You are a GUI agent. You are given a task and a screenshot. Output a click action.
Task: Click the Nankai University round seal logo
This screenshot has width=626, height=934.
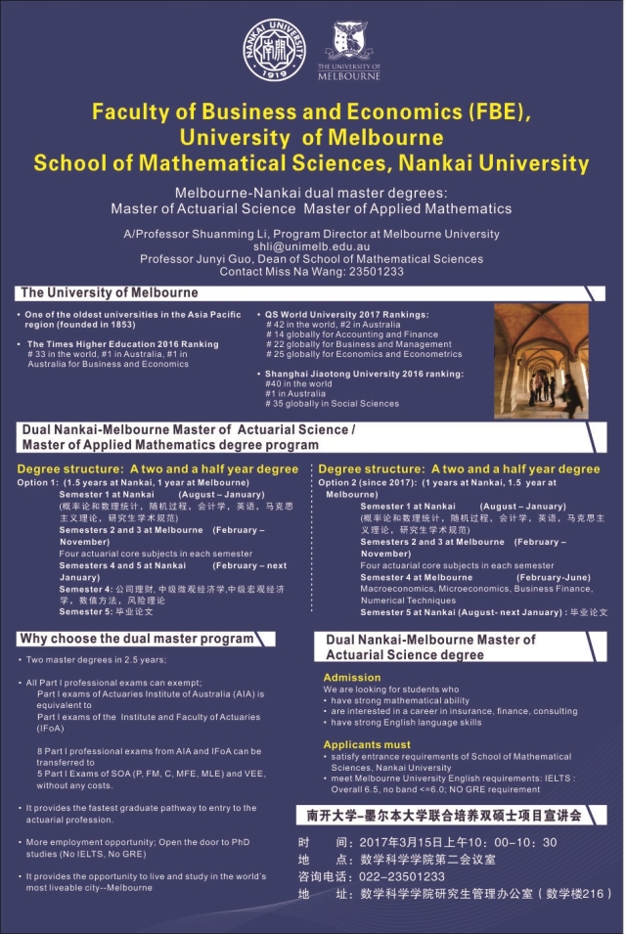[x=274, y=52]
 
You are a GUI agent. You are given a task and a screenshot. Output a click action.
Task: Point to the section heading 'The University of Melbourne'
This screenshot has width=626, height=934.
[x=109, y=292]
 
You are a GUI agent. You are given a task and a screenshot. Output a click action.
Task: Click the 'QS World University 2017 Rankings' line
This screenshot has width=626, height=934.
[x=347, y=315]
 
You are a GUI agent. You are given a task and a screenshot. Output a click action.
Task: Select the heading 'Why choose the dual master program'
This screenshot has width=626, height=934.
[x=136, y=639]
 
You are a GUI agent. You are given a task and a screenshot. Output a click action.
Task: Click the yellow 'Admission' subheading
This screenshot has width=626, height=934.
[x=351, y=677]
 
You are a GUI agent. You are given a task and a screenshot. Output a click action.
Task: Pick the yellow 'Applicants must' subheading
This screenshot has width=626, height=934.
[x=366, y=745]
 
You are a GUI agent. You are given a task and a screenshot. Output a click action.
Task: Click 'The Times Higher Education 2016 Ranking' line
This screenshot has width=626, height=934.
[x=122, y=344]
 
